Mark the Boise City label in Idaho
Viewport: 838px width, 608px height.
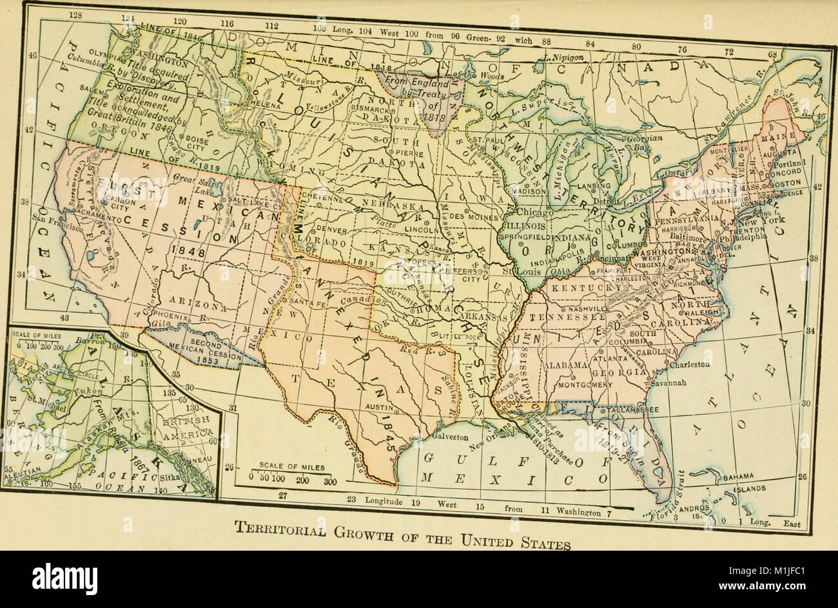[x=194, y=142]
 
